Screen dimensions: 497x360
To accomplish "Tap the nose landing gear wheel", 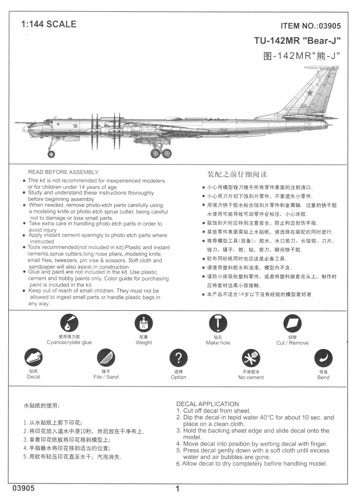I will (51, 154).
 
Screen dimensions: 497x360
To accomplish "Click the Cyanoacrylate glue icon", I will (69, 323).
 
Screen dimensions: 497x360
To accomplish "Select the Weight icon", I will (144, 323).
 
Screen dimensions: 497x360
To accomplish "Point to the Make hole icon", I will (218, 323).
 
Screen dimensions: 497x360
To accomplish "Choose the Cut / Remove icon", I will (292, 323).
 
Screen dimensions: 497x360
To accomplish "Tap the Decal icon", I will (34, 358).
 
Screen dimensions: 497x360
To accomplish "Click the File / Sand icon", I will (106, 358).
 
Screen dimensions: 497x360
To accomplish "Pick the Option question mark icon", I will (178, 358).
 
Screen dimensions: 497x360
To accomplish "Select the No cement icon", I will (251, 358).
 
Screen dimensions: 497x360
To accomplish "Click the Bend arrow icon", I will (323, 358).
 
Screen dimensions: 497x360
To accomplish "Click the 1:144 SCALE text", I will (49, 24).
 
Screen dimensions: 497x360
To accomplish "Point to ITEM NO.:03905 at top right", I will (310, 26).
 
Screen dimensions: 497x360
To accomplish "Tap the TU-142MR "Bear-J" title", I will (297, 41).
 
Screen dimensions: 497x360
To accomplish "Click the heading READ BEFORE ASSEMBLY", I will (64, 172).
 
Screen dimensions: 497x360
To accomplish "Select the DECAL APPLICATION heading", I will (207, 404).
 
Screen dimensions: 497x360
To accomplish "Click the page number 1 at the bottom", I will (178, 489).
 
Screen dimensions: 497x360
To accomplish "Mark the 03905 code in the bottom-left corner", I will (23, 488).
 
